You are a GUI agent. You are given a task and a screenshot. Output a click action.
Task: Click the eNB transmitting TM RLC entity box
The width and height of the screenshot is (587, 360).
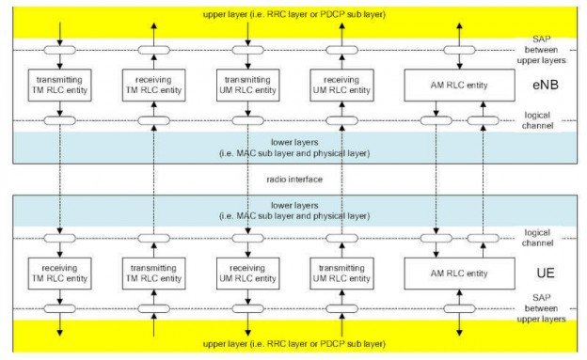click(x=59, y=86)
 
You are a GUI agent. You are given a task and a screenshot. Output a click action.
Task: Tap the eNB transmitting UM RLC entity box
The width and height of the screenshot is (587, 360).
click(x=246, y=86)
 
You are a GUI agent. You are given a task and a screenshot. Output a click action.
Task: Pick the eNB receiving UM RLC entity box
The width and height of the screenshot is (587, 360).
click(x=338, y=86)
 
